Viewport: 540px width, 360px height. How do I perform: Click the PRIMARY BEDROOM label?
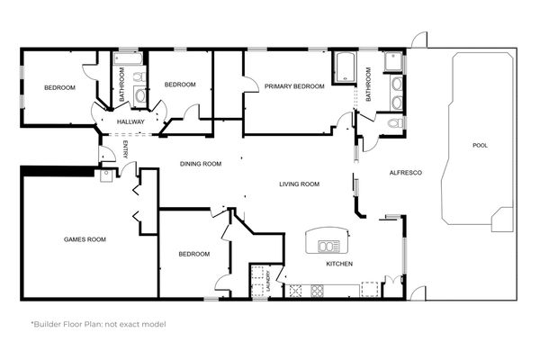pyautogui.click(x=294, y=86)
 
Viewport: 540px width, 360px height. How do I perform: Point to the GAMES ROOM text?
pyautogui.click(x=85, y=239)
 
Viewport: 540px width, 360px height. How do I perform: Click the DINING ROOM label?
pyautogui.click(x=201, y=164)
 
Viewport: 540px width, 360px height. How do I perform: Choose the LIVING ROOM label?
pyautogui.click(x=299, y=184)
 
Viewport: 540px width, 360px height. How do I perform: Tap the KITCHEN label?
pyautogui.click(x=339, y=264)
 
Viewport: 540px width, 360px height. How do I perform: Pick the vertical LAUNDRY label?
pyautogui.click(x=267, y=283)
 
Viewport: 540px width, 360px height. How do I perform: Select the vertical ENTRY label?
pyautogui.click(x=125, y=151)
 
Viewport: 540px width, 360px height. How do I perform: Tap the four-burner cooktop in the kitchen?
pyautogui.click(x=317, y=290)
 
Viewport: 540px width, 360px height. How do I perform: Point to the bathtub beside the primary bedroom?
pyautogui.click(x=346, y=67)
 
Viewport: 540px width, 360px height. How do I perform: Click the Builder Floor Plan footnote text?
pyautogui.click(x=98, y=323)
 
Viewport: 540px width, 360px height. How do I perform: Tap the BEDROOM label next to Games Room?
pyautogui.click(x=193, y=254)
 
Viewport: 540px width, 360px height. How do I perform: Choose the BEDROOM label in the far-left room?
pyautogui.click(x=59, y=87)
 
